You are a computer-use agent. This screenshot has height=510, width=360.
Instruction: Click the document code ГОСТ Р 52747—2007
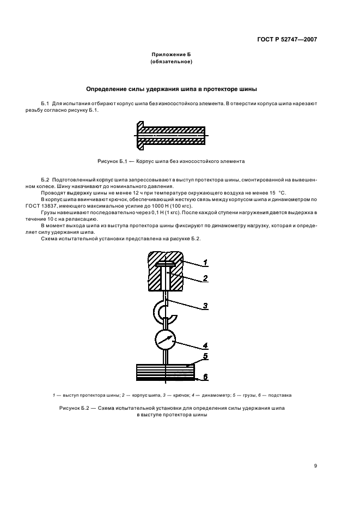click(x=288, y=40)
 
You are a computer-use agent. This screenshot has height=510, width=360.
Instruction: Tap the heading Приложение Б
click(x=172, y=54)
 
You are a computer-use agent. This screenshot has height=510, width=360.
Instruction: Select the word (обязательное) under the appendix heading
click(x=172, y=62)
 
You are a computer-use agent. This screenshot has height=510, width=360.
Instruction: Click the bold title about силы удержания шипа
click(x=172, y=88)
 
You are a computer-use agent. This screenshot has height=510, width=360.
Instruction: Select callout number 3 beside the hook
click(x=205, y=306)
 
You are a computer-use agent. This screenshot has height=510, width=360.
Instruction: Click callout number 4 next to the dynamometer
click(x=205, y=344)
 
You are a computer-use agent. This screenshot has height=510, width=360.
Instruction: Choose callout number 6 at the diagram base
click(x=205, y=377)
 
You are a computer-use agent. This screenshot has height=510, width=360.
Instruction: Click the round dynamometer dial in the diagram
click(x=166, y=339)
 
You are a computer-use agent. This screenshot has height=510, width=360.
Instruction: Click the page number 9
click(x=315, y=465)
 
